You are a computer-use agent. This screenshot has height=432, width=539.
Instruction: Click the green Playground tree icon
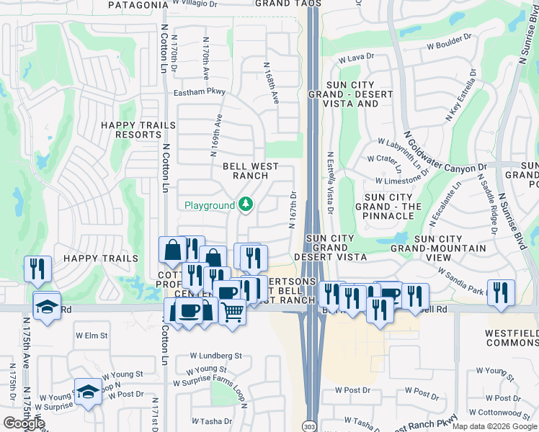click(246, 205)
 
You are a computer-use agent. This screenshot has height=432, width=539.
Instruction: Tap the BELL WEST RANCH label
click(251, 171)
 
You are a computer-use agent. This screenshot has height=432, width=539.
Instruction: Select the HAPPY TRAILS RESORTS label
click(138, 130)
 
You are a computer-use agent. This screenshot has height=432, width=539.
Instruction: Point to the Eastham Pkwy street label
click(200, 91)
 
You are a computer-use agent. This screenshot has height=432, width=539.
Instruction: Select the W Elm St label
click(92, 335)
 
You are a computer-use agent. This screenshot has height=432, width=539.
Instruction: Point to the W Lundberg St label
click(216, 355)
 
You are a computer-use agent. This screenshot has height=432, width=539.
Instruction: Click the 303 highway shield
click(310, 425)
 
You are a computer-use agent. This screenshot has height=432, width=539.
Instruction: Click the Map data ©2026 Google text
click(494, 426)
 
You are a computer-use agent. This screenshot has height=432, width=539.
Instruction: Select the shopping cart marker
click(232, 313)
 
